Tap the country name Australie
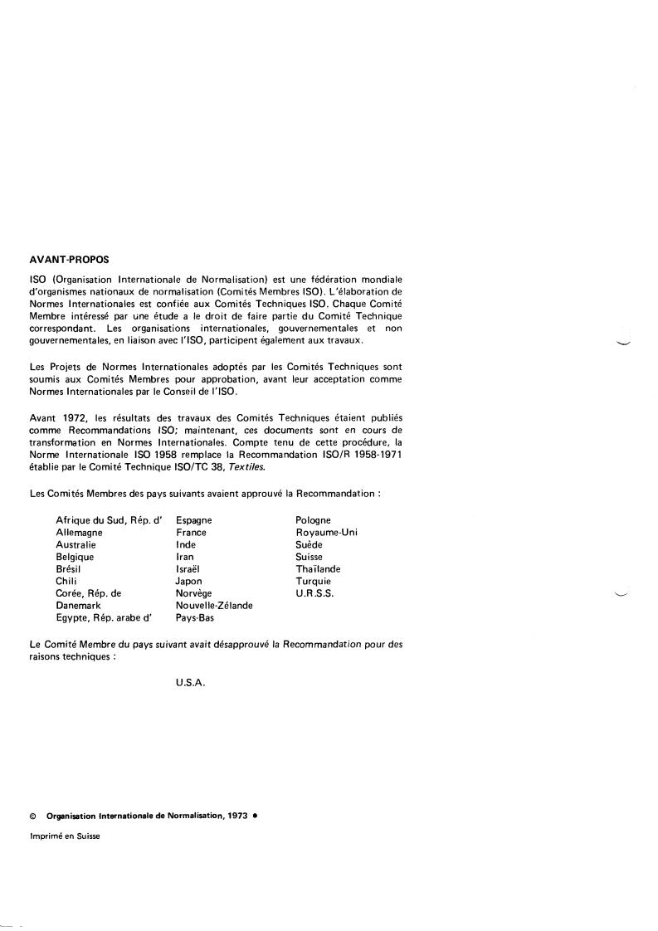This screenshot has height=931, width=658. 76,545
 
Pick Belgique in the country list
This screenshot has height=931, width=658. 75,558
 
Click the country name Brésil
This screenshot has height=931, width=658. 70,569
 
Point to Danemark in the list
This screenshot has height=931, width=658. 79,606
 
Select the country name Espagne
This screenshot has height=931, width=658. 194,520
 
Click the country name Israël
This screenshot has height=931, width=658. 188,569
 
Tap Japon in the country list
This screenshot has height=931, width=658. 189,582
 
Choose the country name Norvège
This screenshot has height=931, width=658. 194,594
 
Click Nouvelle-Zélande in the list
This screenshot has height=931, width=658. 214,606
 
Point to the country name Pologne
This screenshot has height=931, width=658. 314,520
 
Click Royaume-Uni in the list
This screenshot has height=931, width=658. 326,533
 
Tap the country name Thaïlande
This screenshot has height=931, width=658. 318,569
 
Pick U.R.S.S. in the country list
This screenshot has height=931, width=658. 314,594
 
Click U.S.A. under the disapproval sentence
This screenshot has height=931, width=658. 190,682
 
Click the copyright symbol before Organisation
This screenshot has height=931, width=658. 32,816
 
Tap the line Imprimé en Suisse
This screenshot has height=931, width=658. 65,836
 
